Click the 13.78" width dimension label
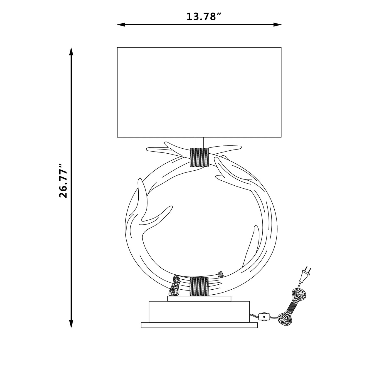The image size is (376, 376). (x=204, y=16)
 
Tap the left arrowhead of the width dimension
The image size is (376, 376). (x=121, y=25)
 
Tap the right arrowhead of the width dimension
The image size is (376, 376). (x=277, y=25)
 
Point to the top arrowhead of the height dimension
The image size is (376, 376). (x=71, y=51)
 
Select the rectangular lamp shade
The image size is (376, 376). (x=199, y=92)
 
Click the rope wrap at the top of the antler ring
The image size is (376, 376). (x=199, y=157)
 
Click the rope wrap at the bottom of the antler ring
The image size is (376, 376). (x=199, y=286)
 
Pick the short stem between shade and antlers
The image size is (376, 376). (x=199, y=143)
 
